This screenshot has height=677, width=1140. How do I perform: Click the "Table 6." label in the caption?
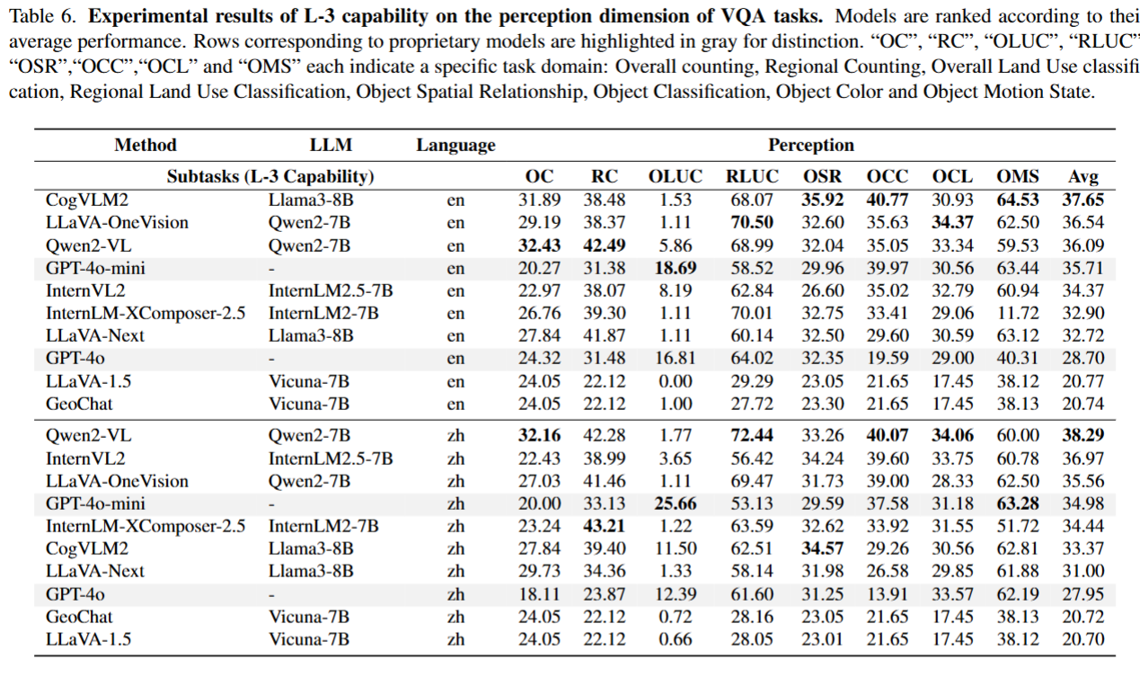pos(38,19)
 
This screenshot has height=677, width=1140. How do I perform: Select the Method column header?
pos(146,145)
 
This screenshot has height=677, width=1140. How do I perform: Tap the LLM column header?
pos(331,145)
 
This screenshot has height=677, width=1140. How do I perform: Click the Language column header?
pos(455,145)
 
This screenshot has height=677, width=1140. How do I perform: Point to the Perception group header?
pos(810,145)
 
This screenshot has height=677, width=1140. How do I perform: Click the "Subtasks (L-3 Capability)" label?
pos(270,177)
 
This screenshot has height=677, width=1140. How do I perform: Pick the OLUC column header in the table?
pos(676,177)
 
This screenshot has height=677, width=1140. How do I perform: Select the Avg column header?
pos(1083,177)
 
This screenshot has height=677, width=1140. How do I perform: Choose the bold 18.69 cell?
pos(676,268)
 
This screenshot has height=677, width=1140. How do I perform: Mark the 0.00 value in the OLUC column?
pos(676,381)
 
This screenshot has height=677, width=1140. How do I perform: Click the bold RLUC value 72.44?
pos(752,435)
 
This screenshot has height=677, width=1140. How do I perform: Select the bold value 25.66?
pos(676,503)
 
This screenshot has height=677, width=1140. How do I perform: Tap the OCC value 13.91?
pos(888,594)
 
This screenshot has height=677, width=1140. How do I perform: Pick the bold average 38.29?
pos(1083,435)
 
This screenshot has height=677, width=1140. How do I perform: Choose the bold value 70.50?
pos(752,222)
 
